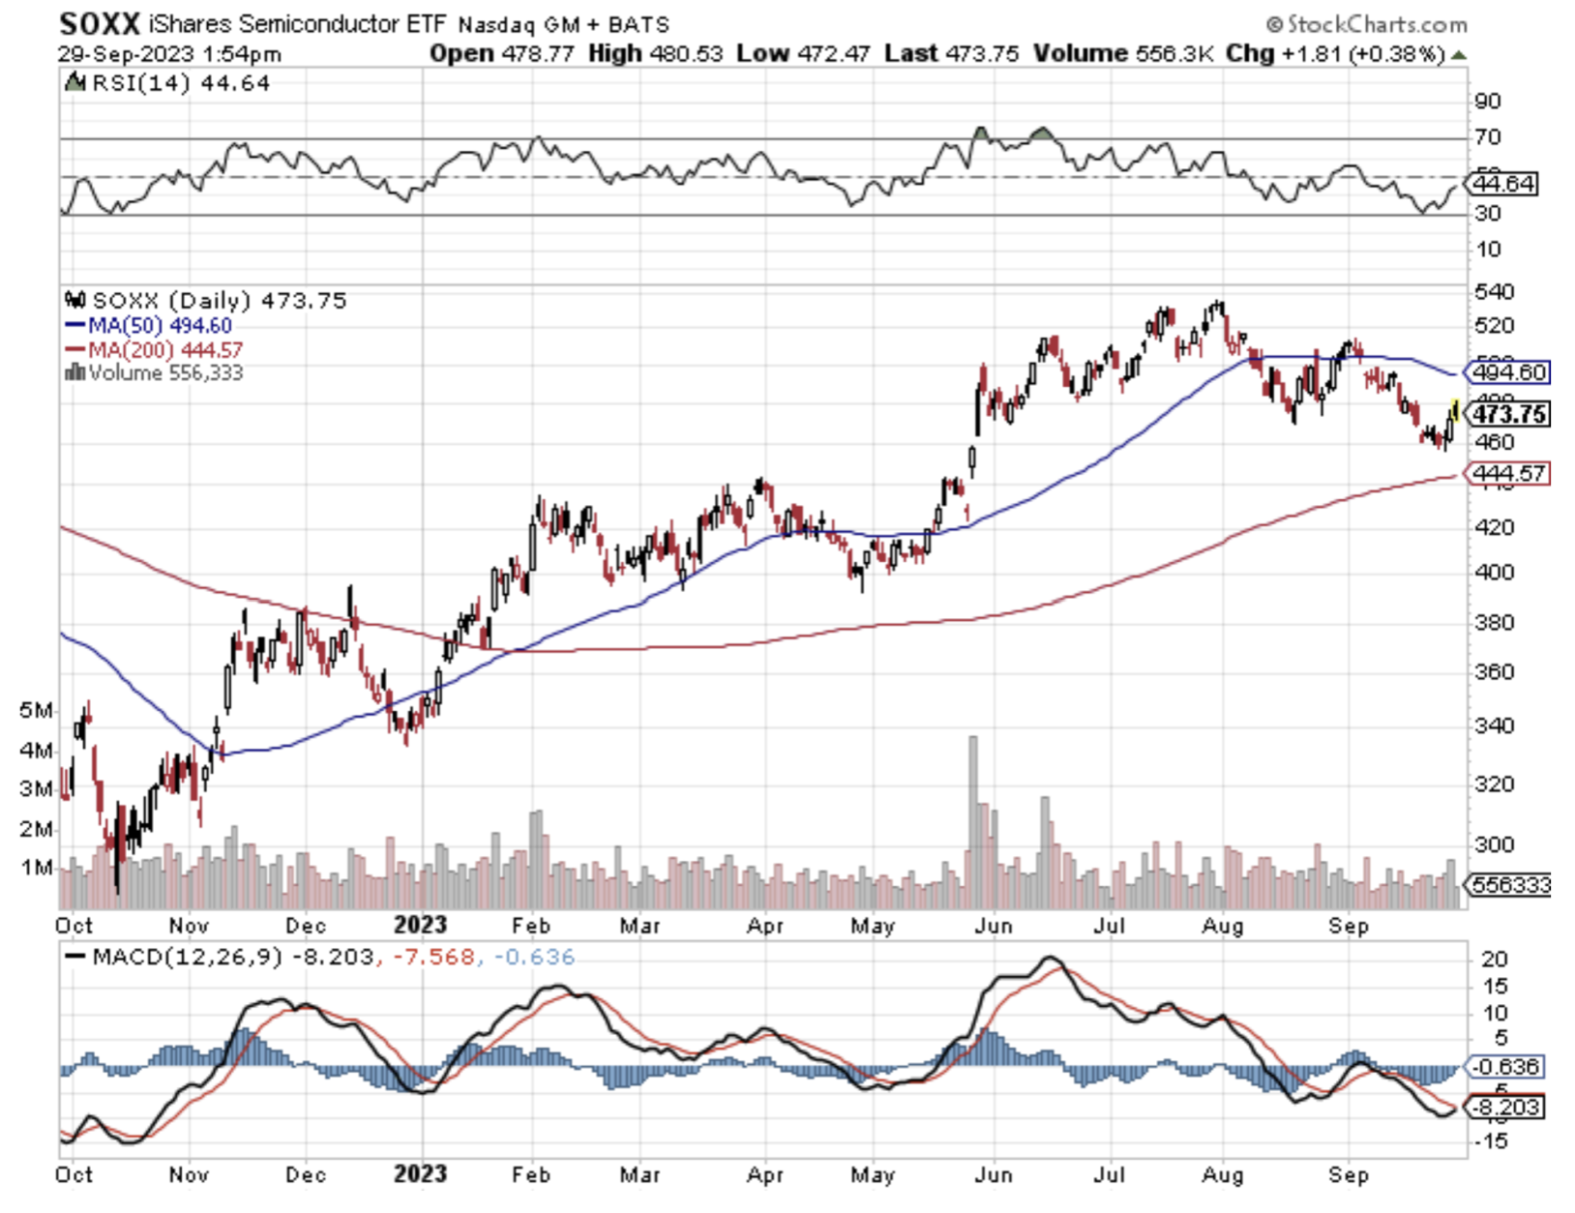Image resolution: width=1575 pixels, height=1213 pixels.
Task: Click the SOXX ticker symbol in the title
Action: click(100, 23)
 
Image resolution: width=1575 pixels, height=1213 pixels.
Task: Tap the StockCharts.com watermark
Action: click(1366, 24)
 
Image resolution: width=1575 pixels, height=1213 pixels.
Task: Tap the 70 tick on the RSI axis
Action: click(1487, 137)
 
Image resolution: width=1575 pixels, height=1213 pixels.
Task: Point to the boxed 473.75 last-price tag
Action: click(1507, 415)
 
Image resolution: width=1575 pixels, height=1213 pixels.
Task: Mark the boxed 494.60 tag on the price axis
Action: click(1508, 372)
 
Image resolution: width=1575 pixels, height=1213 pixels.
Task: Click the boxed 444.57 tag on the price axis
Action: click(1507, 474)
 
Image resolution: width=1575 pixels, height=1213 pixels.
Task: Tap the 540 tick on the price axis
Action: click(1494, 291)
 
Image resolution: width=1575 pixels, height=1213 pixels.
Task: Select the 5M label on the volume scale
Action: click(36, 711)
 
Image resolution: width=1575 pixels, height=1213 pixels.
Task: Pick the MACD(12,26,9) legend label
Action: click(187, 958)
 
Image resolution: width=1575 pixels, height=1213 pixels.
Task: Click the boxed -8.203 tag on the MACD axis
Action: click(1507, 1108)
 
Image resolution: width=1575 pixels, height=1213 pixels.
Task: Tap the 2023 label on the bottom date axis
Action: click(420, 1174)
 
